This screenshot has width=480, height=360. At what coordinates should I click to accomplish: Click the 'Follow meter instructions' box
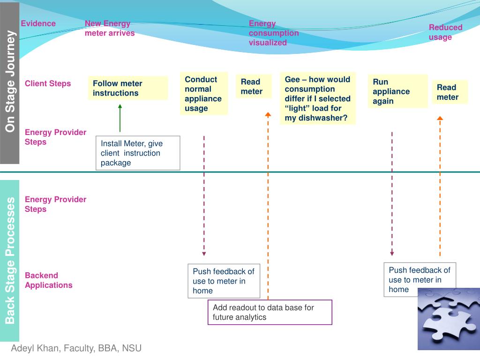[128, 88]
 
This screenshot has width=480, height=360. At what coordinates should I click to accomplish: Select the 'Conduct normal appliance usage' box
[204, 93]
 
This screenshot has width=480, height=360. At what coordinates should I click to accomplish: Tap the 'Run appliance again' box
[397, 91]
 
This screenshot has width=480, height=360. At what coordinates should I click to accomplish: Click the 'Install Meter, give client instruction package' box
[138, 153]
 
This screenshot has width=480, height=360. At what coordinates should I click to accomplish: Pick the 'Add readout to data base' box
[270, 312]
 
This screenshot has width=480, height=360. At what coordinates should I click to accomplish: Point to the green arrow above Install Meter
[120, 118]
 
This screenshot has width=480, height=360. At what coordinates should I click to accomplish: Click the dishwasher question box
[318, 98]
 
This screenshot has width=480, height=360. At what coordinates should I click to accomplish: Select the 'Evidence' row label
[38, 23]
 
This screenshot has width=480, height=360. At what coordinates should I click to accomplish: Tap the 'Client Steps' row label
[48, 83]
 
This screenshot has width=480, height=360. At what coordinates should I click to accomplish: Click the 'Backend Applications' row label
[49, 280]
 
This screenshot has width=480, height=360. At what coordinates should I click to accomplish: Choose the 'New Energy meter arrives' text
[110, 28]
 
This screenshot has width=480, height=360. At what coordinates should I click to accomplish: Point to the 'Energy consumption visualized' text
[274, 33]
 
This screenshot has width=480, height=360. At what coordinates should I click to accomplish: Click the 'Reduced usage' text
[445, 32]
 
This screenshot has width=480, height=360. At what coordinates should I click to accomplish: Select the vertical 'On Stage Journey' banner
[9, 83]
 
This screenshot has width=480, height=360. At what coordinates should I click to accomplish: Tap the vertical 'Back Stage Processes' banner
[9, 261]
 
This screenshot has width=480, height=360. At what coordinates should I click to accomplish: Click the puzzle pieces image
[449, 319]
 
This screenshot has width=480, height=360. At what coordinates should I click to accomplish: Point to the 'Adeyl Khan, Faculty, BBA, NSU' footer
[76, 348]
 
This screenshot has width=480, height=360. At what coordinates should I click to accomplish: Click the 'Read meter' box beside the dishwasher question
[254, 86]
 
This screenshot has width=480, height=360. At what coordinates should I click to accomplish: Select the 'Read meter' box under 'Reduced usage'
[450, 92]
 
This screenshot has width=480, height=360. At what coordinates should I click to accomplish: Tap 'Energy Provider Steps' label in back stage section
[55, 204]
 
